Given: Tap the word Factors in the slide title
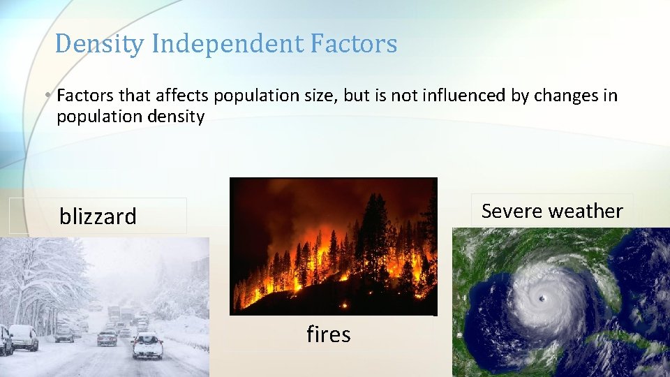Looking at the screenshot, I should click(354, 45).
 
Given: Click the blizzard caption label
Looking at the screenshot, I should click(98, 216).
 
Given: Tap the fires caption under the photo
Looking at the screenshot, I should click(328, 334).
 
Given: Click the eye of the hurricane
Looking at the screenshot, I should click(542, 299).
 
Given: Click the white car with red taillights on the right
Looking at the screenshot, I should click(147, 345).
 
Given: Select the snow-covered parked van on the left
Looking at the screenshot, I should click(23, 337).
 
